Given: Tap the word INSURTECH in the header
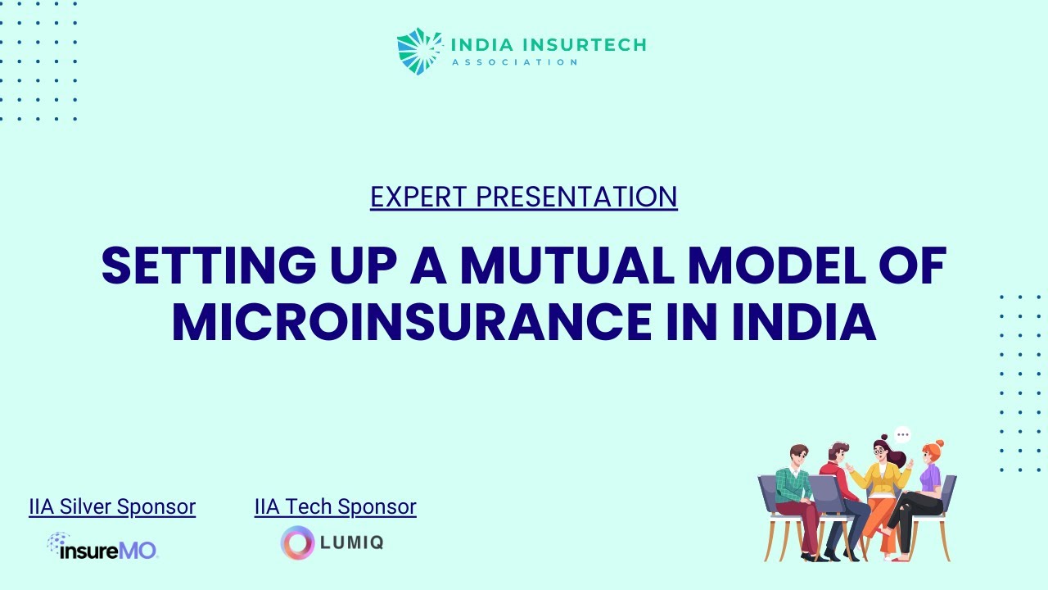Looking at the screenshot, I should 584,43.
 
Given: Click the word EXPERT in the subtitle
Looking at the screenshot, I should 419,197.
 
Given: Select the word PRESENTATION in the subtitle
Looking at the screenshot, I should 576,197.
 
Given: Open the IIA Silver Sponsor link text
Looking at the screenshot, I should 112,507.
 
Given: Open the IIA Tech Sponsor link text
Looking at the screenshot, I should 335,507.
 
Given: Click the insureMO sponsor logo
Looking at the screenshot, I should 102,546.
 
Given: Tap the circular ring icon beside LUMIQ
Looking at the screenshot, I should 297,542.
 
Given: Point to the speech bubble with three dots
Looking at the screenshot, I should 902,434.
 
